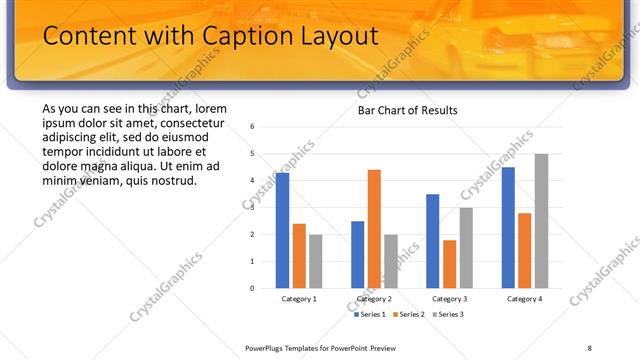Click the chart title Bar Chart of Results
tap(407, 109)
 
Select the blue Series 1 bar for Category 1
tap(283, 230)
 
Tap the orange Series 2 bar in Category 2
tap(374, 229)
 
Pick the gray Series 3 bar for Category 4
tap(541, 221)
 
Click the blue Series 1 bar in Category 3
tap(433, 241)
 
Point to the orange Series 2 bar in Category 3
tap(449, 264)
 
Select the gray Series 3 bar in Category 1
tap(315, 261)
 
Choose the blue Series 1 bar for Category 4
tap(509, 227)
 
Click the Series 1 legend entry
tap(372, 315)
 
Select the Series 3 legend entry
tap(447, 315)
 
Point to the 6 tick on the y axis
tap(253, 127)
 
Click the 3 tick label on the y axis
tap(253, 208)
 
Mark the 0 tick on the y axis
tap(253, 288)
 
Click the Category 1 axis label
tap(299, 299)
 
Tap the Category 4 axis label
tap(525, 299)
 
